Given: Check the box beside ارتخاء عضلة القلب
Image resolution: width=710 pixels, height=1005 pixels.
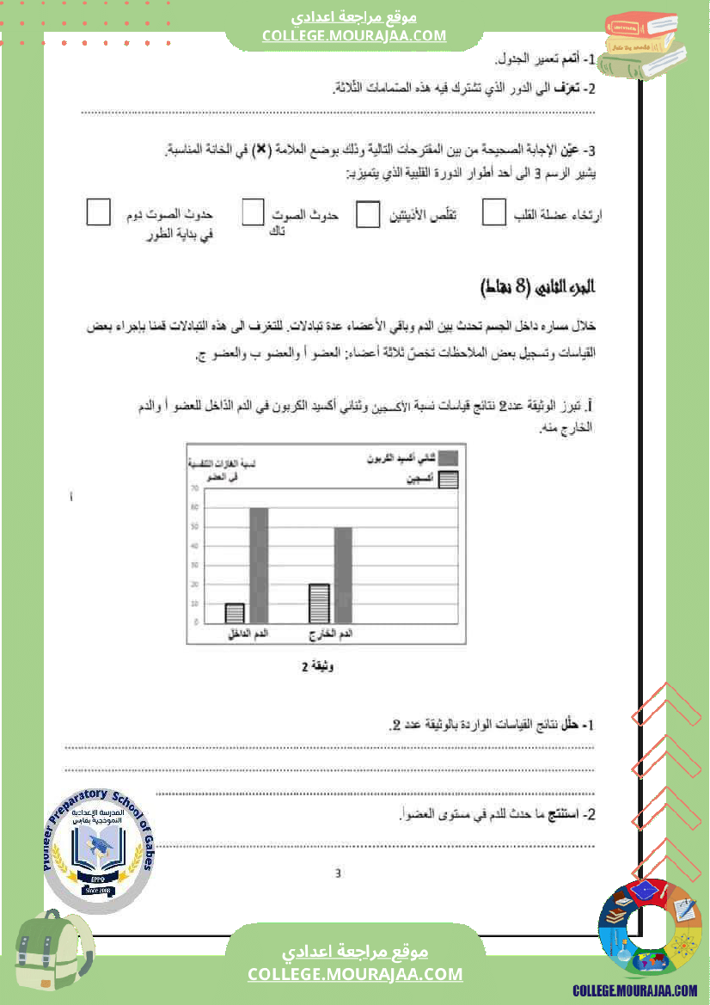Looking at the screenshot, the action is click(x=494, y=214).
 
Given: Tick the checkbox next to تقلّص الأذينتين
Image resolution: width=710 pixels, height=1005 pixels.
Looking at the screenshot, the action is click(x=368, y=215).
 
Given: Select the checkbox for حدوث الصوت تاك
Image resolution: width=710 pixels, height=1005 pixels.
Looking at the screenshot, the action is click(x=253, y=213).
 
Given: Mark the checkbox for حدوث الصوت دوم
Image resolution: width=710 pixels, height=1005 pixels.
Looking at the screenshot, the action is click(x=99, y=212).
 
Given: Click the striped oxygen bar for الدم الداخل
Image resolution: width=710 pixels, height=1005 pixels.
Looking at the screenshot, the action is click(x=235, y=612).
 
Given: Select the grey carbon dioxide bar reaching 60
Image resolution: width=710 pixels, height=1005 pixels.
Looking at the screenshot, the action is click(x=259, y=565).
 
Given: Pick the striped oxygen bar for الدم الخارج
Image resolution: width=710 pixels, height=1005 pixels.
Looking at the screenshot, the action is click(x=319, y=603).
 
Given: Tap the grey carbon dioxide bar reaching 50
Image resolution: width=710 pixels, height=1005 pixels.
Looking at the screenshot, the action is click(x=343, y=574).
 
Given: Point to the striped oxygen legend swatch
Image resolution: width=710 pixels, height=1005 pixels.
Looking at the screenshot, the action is click(x=448, y=481).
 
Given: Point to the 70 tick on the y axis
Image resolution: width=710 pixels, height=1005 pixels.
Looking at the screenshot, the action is click(x=195, y=488).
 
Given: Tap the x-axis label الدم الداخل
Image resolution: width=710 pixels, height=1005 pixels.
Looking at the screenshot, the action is click(x=248, y=634).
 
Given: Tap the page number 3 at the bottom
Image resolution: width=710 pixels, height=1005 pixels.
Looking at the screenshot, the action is click(x=338, y=873).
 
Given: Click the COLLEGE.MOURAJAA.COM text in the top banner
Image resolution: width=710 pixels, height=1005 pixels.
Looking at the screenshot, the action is click(x=354, y=35).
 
